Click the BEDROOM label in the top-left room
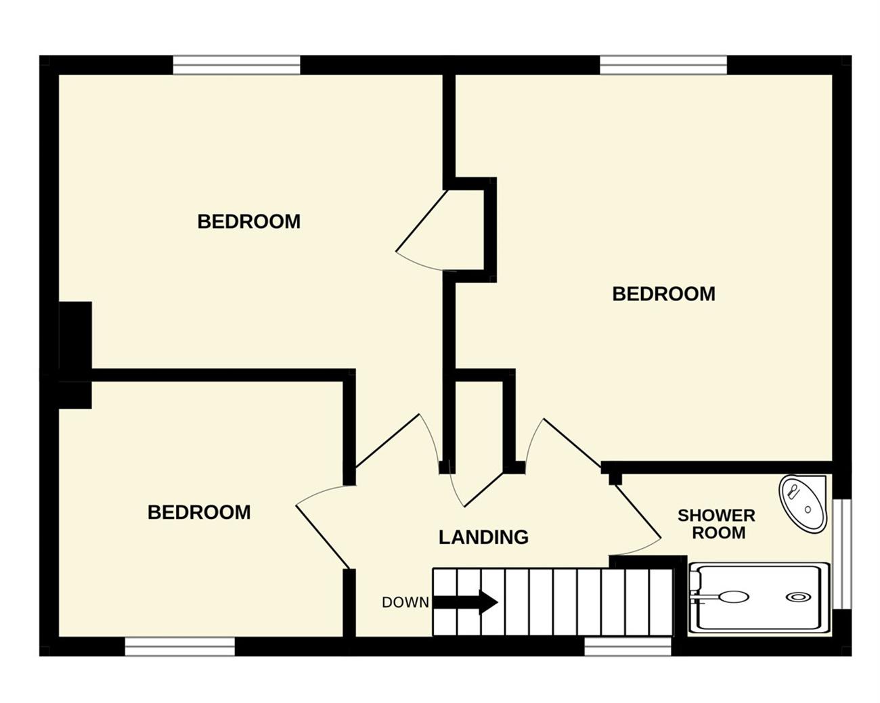tap(248, 221)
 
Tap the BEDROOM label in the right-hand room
tap(663, 294)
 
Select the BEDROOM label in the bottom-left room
tap(199, 512)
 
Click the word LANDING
tap(483, 537)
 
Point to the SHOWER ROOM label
tap(716, 524)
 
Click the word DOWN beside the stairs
tap(405, 602)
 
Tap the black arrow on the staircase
tap(465, 602)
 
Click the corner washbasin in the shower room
tap(802, 503)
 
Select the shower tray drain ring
tap(798, 597)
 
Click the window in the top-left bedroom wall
tap(236, 65)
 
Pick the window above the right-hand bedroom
tap(663, 65)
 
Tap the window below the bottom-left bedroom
tap(179, 646)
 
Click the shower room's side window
tap(842, 554)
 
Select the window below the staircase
tap(628, 646)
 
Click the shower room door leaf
tap(638, 512)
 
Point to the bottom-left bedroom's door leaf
tap(322, 537)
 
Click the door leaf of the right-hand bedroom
tap(572, 443)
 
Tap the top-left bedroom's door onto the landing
tap(387, 440)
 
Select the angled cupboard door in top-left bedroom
tap(421, 220)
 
